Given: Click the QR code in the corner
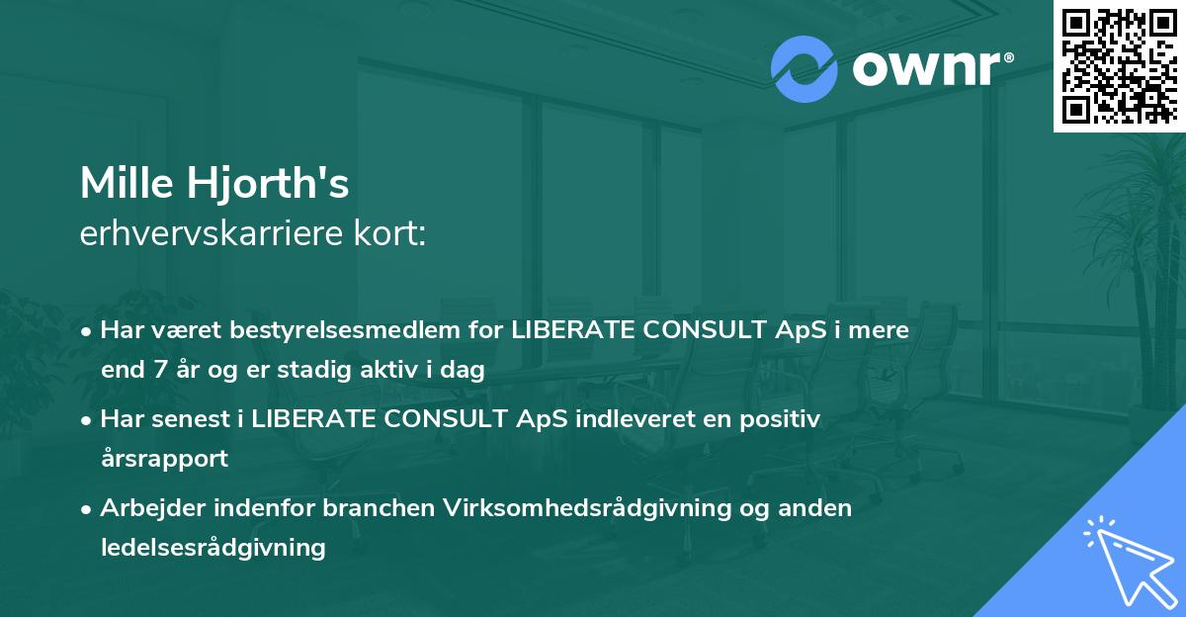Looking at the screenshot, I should click(1119, 66).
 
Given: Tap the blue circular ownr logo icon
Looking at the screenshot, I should click(805, 69).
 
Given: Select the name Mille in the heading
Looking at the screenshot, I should click(122, 183).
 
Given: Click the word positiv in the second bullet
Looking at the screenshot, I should click(783, 419).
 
